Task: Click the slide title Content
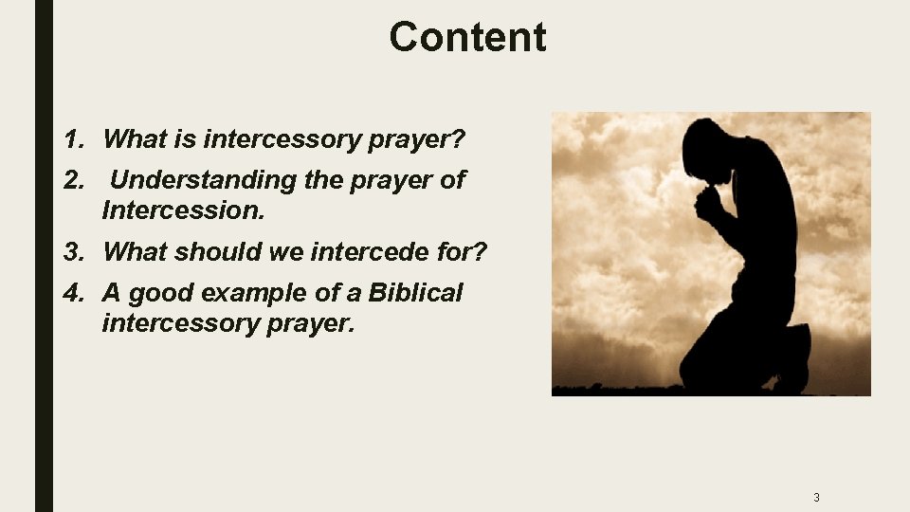[467, 38]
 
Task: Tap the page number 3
[816, 497]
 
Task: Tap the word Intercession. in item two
[183, 210]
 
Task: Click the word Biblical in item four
[415, 293]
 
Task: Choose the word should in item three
[207, 252]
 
